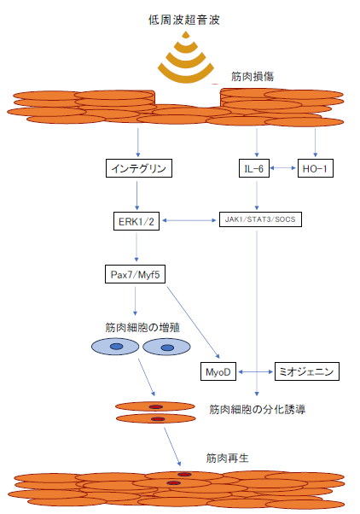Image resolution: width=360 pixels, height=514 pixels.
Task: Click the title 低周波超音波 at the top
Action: pyautogui.click(x=183, y=20)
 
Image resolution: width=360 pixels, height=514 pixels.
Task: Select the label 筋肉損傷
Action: pyautogui.click(x=253, y=76)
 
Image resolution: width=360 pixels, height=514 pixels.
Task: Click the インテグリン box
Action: pyautogui.click(x=139, y=168)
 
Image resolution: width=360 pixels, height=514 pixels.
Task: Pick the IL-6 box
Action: pyautogui.click(x=254, y=168)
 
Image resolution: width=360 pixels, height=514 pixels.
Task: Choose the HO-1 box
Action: pyautogui.click(x=315, y=168)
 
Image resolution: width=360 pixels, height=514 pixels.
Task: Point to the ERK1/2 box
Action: pyautogui.click(x=136, y=221)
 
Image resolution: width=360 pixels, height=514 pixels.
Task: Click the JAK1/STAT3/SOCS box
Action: pyautogui.click(x=260, y=219)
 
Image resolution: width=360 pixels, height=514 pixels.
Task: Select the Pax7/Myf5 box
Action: pyautogui.click(x=135, y=274)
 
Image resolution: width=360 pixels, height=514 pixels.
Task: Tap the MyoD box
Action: pyautogui.click(x=218, y=371)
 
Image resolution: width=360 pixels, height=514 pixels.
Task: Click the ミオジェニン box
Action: pyautogui.click(x=306, y=371)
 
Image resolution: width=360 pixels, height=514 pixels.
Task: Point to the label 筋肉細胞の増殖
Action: pyautogui.click(x=142, y=328)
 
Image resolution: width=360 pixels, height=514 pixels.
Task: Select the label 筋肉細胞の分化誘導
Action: pyautogui.click(x=258, y=409)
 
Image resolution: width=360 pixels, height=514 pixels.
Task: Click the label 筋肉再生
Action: pyautogui.click(x=227, y=458)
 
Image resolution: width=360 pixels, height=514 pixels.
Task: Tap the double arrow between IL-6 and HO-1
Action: pyautogui.click(x=283, y=168)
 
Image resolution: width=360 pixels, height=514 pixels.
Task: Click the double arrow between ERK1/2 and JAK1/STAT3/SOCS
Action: pyautogui.click(x=189, y=220)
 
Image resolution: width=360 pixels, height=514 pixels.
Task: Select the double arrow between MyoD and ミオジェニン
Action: pyautogui.click(x=256, y=371)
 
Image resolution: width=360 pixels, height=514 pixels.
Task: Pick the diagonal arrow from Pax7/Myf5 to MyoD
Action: pyautogui.click(x=194, y=323)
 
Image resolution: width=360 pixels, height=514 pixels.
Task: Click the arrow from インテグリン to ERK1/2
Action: pyautogui.click(x=137, y=196)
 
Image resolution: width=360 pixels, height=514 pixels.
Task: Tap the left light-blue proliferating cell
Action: pyautogui.click(x=115, y=347)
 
